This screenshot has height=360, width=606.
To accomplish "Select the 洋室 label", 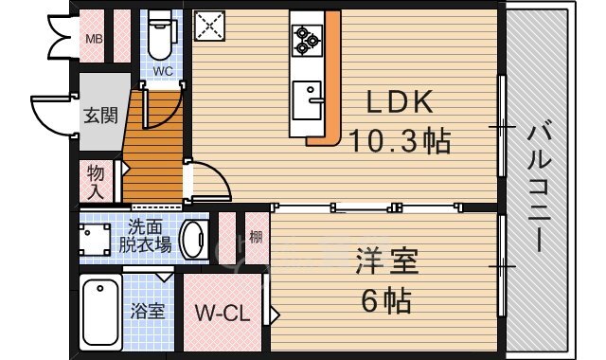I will point(385,261).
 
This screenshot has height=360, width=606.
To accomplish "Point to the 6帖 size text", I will point(386,301).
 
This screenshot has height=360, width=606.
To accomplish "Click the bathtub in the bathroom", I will point(99,313).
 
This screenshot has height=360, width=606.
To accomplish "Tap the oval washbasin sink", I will point(193,240).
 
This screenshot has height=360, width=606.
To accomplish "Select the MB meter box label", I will point(95,39).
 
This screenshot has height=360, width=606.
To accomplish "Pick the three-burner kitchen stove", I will point(307,38).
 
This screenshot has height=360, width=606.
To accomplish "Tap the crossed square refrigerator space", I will point(207,26).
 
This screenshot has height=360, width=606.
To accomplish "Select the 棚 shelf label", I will point(255,238).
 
